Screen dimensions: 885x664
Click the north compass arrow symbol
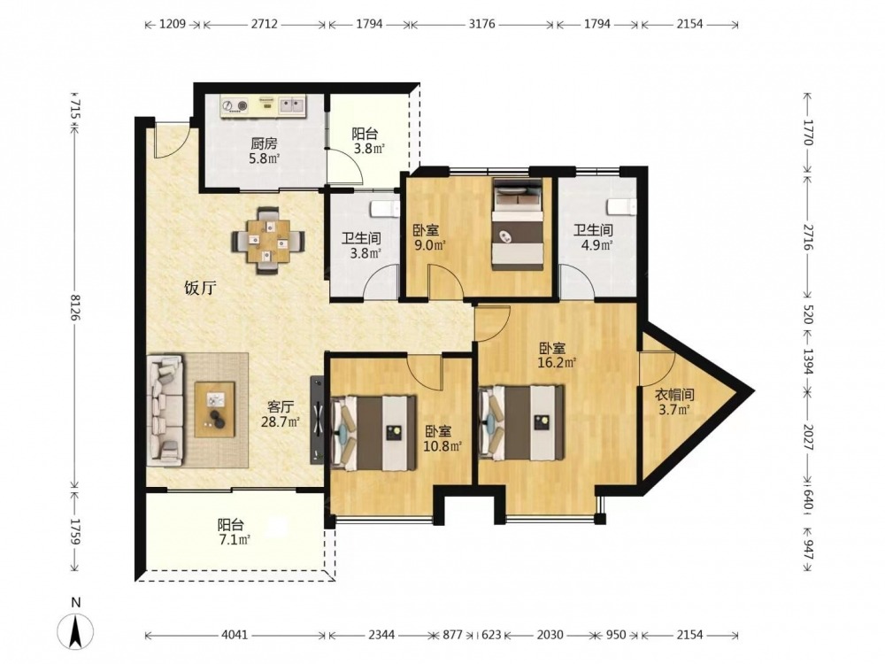(x=75, y=630)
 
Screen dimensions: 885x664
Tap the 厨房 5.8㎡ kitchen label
(x=265, y=151)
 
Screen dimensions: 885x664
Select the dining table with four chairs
(x=269, y=241)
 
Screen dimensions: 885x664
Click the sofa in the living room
(x=165, y=411)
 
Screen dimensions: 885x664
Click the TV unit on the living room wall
(x=317, y=420)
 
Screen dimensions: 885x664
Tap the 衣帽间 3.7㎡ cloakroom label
(x=674, y=401)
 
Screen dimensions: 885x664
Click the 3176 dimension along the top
(x=482, y=24)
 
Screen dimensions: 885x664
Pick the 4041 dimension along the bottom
(x=235, y=635)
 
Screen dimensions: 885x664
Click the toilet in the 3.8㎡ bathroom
(x=384, y=208)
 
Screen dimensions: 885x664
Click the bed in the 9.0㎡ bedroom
(x=518, y=224)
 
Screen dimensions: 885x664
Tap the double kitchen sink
(x=292, y=104)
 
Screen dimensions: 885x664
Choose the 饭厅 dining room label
(x=200, y=289)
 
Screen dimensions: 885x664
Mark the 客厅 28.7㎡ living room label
(x=280, y=413)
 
